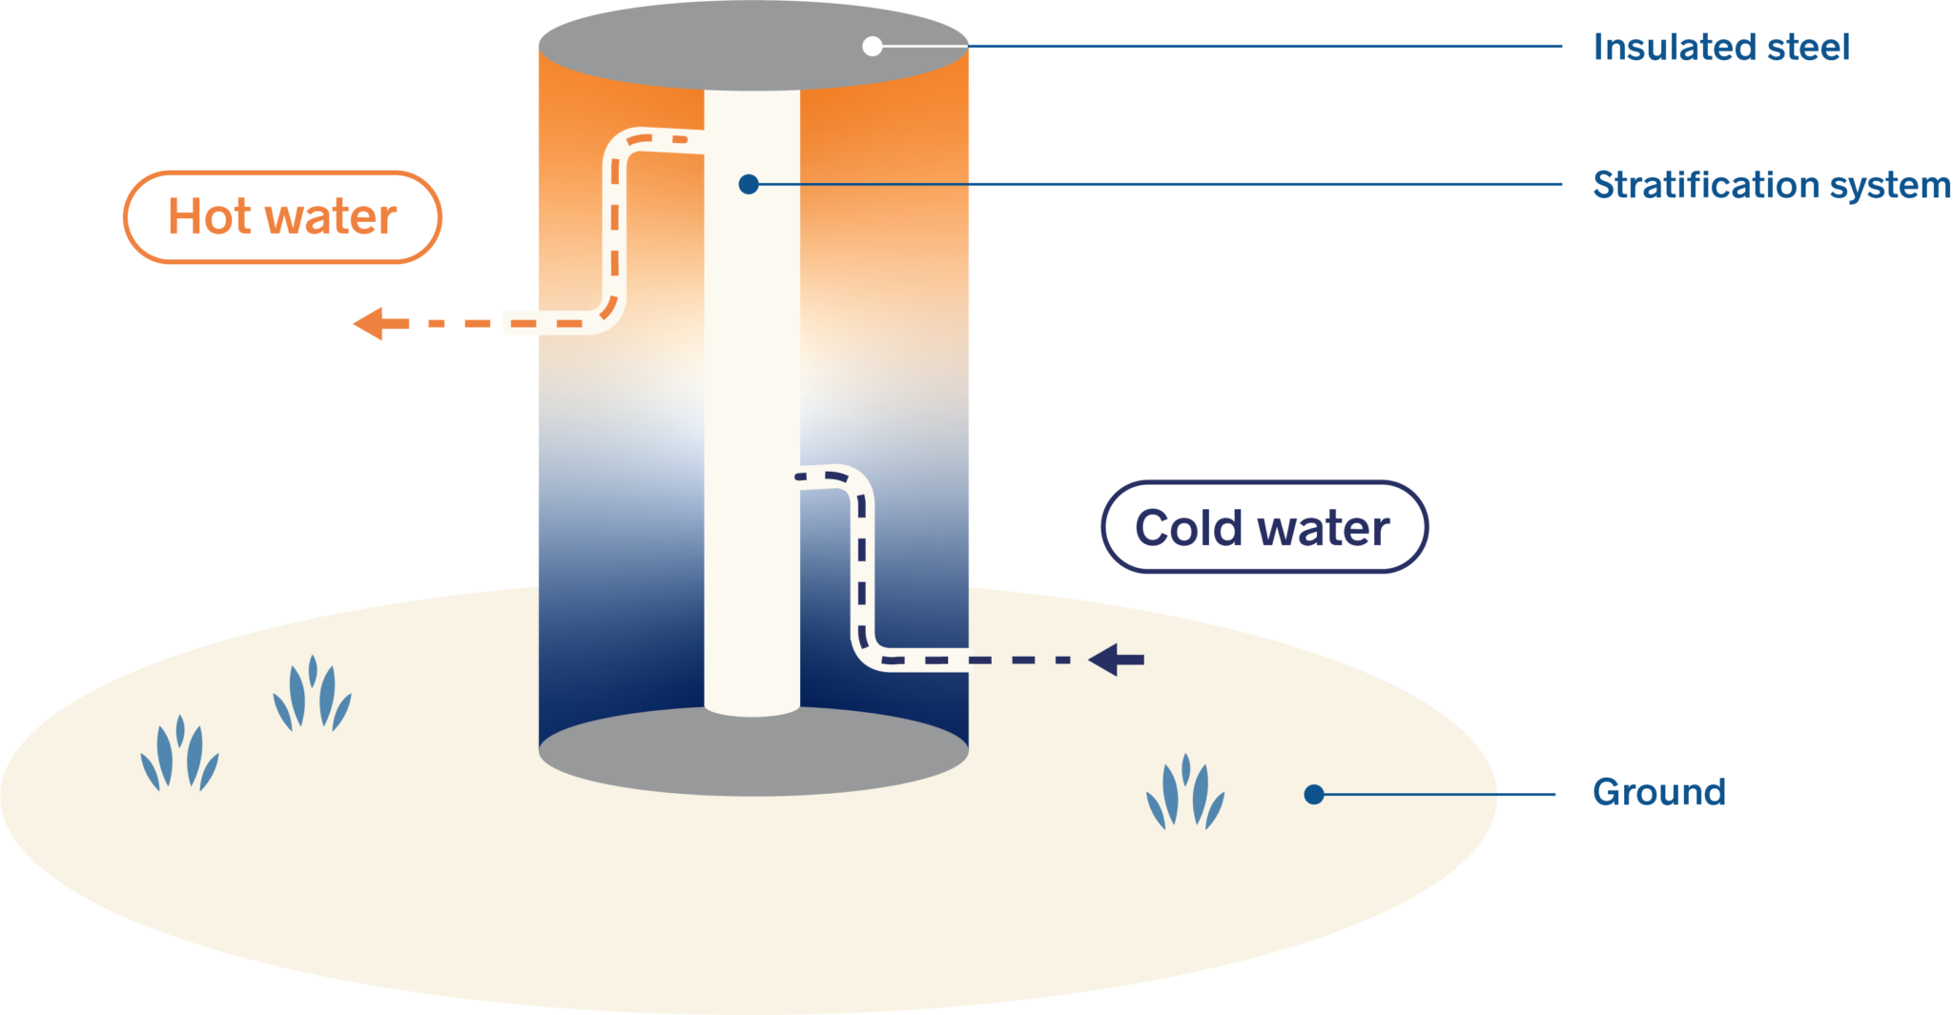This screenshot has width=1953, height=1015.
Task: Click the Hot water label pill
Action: coord(282,217)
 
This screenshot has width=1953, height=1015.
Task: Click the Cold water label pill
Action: coord(1264,527)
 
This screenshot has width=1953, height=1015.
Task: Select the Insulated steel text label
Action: coord(1721,48)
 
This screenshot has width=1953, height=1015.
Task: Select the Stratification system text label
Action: coord(1771,185)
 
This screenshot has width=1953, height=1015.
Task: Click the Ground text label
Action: coord(1659,793)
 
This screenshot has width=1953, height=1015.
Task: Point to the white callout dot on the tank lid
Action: coord(872,46)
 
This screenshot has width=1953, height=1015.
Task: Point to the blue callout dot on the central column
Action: coord(749,184)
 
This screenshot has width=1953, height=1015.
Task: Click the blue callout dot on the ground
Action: coord(1314,794)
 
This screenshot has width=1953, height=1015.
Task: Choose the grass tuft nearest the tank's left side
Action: coord(312,696)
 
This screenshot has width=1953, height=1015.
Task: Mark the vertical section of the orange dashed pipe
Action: coord(615,229)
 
